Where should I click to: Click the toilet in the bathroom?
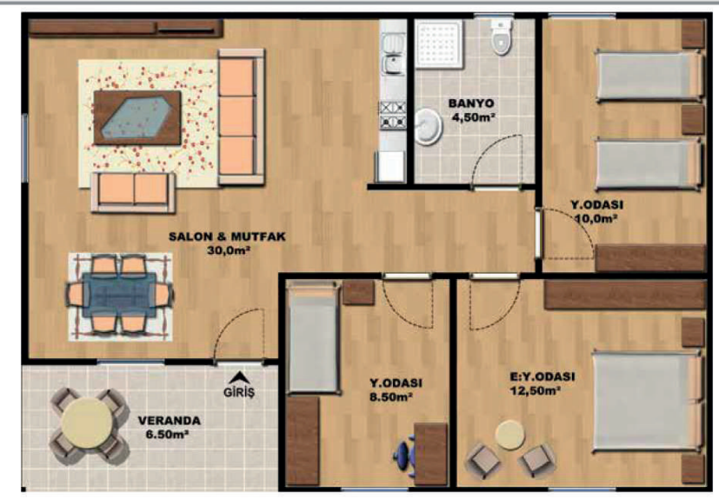(x=500, y=37)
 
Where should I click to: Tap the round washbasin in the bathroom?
(x=429, y=126)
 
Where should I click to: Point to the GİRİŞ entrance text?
(x=238, y=393)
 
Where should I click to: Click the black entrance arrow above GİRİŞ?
(x=237, y=377)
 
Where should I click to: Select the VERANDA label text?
(x=170, y=421)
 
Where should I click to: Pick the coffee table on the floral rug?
(x=137, y=117)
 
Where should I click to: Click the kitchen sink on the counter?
(x=392, y=54)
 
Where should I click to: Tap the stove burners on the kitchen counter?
(x=392, y=115)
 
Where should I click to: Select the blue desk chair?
(x=404, y=453)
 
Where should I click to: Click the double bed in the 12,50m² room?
(x=647, y=403)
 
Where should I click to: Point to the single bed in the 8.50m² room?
(x=313, y=338)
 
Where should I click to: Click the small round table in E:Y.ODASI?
(x=509, y=435)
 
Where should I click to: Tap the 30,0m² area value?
(x=228, y=250)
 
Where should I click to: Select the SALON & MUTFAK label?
(x=228, y=236)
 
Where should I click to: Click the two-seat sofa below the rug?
(x=133, y=192)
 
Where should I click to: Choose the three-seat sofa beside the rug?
(x=241, y=116)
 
